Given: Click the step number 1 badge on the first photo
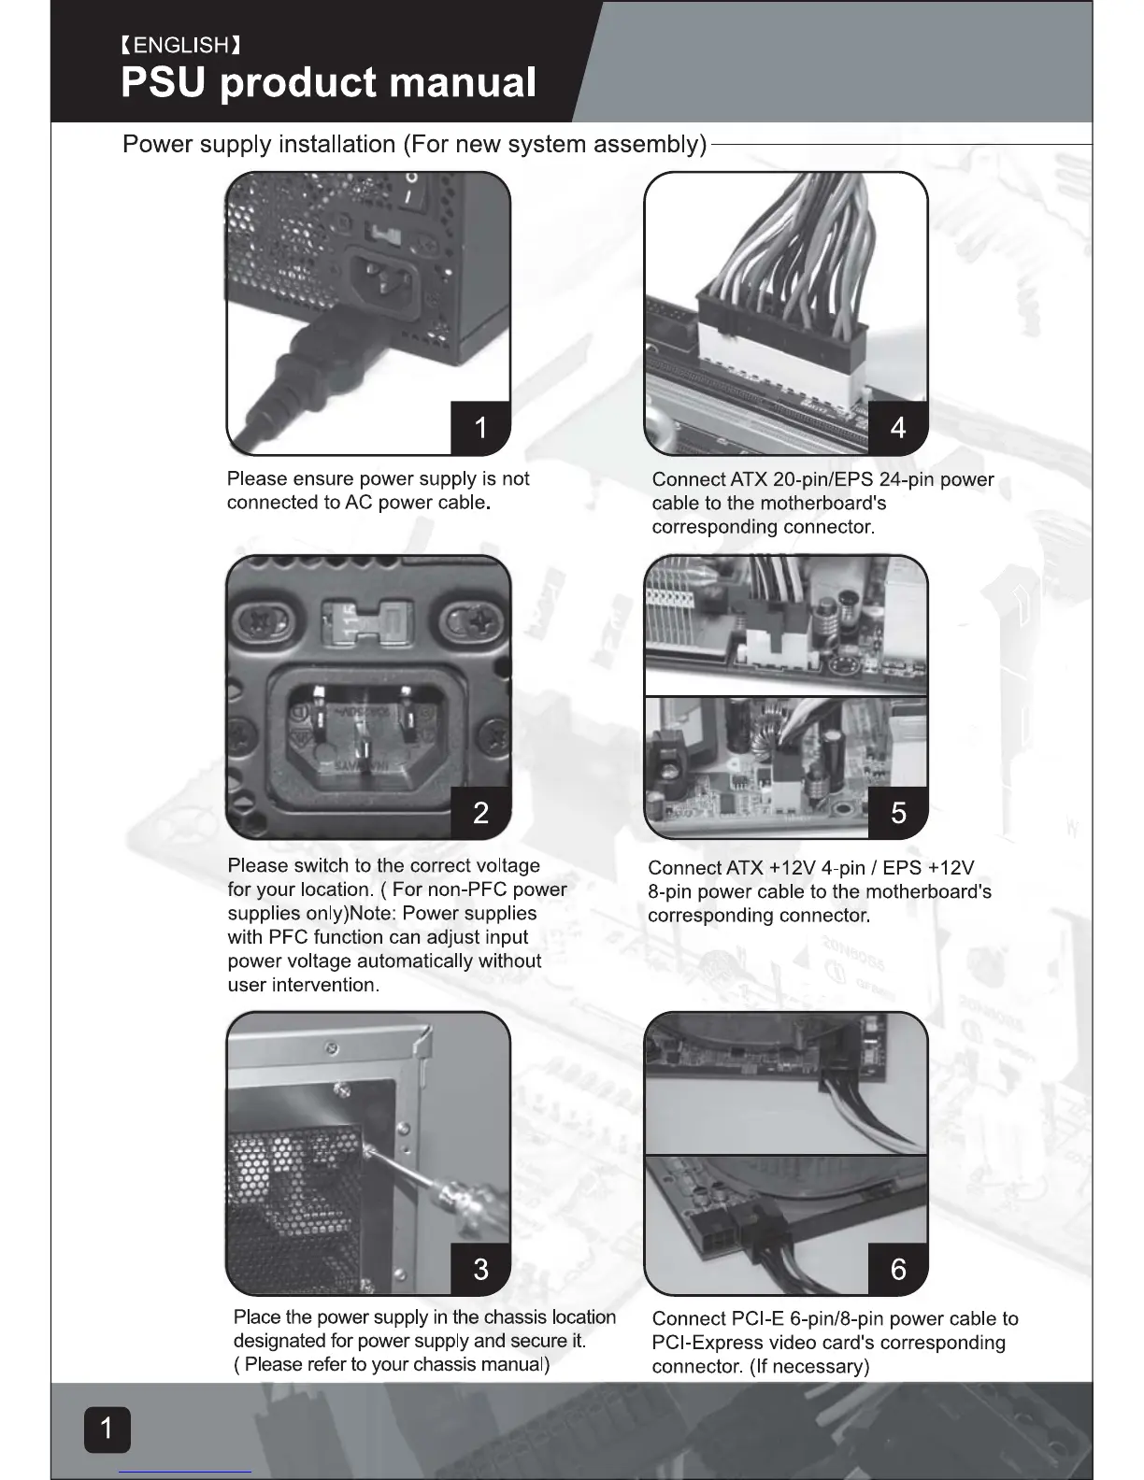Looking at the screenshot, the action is (x=480, y=427).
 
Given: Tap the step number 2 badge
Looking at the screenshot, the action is (x=480, y=812).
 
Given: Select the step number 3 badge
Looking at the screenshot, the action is (x=480, y=1268).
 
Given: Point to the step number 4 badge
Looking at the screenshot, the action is (x=898, y=427).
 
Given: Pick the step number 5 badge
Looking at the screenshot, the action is (x=898, y=812).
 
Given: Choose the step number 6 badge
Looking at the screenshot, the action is (x=898, y=1268).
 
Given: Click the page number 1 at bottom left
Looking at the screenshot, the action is (x=107, y=1428).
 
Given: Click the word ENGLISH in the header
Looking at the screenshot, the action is (x=181, y=45).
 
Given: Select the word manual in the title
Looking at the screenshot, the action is (x=463, y=82).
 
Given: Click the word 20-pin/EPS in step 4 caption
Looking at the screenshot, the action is (x=823, y=479).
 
